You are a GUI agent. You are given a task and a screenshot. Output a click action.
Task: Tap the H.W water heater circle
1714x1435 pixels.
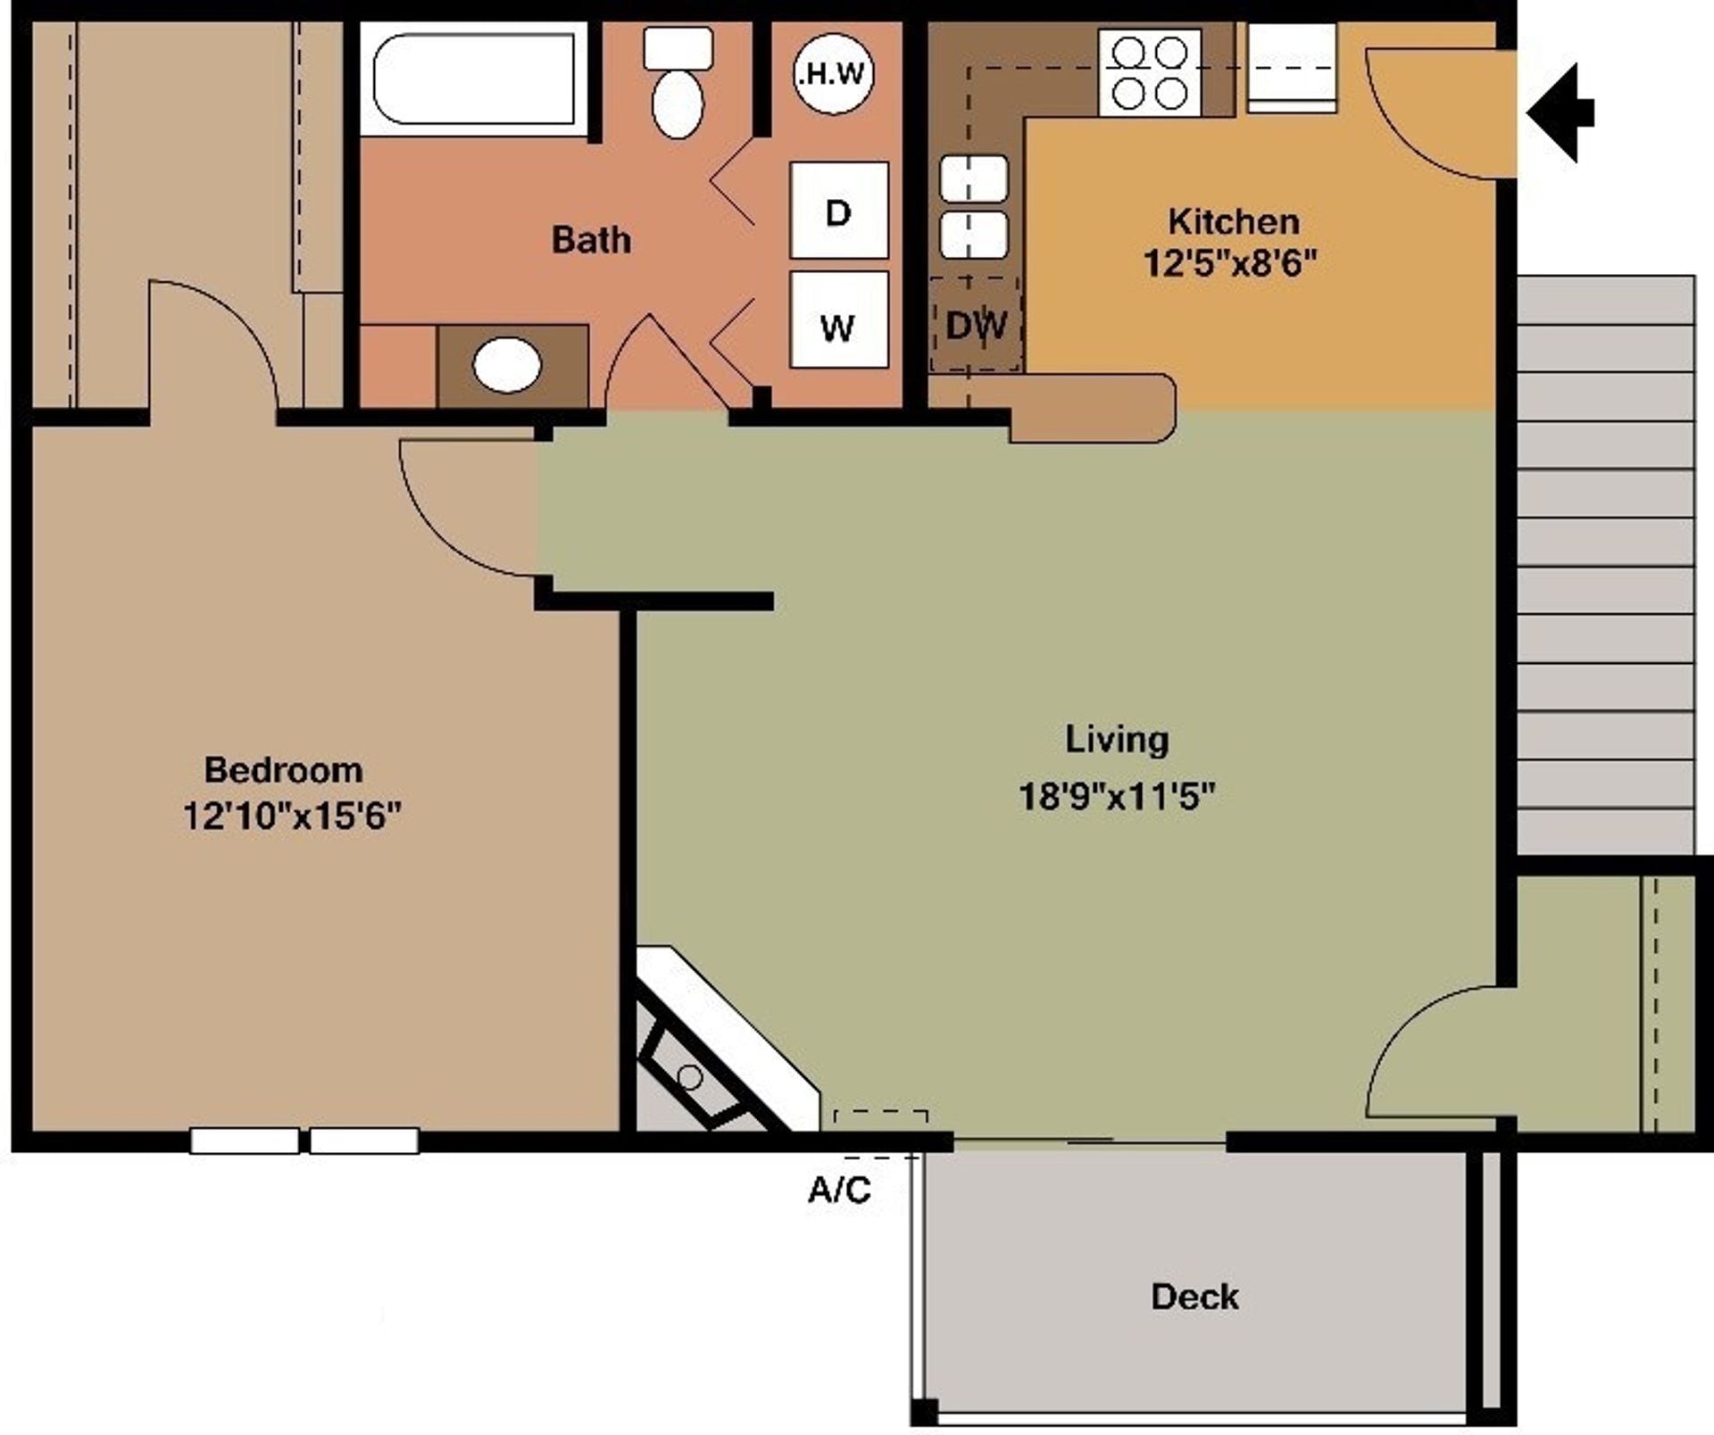pos(833,73)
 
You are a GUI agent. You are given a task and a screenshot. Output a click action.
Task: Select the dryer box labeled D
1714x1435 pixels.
pos(838,211)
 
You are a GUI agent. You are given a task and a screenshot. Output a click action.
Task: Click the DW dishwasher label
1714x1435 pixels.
pos(976,325)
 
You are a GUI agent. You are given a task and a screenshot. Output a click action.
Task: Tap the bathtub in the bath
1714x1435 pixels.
pos(474,79)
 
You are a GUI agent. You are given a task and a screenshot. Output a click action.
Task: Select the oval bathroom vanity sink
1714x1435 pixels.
pos(507,365)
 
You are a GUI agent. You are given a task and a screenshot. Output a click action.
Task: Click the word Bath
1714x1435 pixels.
pos(591,239)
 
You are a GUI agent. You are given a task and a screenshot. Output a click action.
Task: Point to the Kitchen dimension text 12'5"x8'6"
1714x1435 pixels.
pos(1230,263)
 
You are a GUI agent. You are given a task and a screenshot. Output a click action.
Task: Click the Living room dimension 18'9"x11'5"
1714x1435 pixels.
pos(1116,795)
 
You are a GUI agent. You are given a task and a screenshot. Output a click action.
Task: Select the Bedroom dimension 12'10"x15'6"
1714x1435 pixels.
pos(292,815)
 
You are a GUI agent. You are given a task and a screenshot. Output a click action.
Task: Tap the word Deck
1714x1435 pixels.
pos(1194,1297)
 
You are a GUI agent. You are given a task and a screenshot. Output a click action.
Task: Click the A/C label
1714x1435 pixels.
pos(839,1190)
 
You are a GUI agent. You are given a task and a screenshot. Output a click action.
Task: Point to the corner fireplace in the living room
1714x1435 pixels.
pos(705,1053)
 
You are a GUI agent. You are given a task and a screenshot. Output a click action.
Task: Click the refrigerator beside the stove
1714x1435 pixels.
pos(1291,68)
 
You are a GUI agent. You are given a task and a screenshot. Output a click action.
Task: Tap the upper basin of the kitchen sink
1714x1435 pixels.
pos(974,178)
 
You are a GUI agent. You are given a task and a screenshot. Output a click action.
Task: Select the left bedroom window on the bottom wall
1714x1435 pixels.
pos(245,1141)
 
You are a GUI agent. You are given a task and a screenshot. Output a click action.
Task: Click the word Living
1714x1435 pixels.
pos(1116,739)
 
